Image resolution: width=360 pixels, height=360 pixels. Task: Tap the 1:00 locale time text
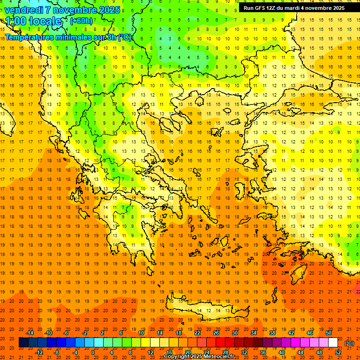tap(33, 21)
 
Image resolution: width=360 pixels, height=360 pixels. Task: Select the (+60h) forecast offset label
tap(81, 21)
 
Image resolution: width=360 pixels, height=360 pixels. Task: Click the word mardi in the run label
tap(298, 7)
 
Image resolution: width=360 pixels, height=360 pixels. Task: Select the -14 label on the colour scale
tap(30, 333)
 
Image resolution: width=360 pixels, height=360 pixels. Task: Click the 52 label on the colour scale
tap(337, 352)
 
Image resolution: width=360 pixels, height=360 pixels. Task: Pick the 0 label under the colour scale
tap(92, 352)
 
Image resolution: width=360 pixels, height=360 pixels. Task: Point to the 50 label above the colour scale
tap(328, 333)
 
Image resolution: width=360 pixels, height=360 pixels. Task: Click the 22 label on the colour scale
tap(197, 333)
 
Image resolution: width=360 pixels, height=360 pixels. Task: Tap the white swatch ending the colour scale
tap(333, 343)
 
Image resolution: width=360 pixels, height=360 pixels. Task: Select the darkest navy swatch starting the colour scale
tap(23, 343)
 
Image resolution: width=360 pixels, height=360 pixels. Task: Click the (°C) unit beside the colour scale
tap(349, 343)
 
